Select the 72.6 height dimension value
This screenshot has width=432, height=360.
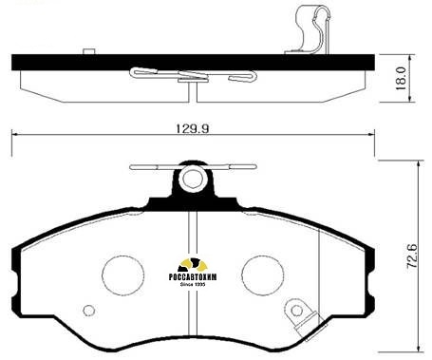412,256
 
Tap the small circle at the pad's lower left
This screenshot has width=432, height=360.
89,310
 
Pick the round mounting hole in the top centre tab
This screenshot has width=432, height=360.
193,178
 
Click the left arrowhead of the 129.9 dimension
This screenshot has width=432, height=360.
15,135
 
